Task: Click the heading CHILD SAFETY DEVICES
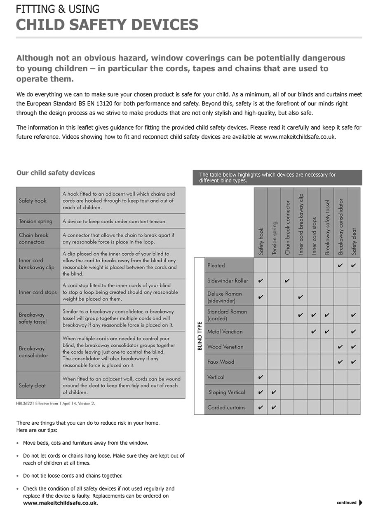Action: coord(107,25)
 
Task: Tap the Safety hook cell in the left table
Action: coord(33,201)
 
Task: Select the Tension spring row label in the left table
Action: coord(35,221)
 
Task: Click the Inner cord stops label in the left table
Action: coord(38,292)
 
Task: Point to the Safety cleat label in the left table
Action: coord(32,386)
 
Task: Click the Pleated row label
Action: coord(216,265)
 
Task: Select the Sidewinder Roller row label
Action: coord(228,281)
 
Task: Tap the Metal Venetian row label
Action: coord(225,332)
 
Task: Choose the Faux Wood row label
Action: coord(221,362)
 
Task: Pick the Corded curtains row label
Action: coord(226,408)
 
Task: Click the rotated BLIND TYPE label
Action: coord(200,336)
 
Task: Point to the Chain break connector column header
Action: coord(288,227)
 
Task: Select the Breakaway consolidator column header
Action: coord(340,227)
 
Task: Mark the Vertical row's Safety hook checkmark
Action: coord(261,377)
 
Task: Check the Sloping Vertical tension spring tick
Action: coord(274,393)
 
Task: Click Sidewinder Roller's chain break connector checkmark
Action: coord(287,281)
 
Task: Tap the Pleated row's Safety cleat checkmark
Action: coord(353,266)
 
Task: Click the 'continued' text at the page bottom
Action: coord(346,502)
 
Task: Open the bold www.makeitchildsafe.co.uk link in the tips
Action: coord(60,503)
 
